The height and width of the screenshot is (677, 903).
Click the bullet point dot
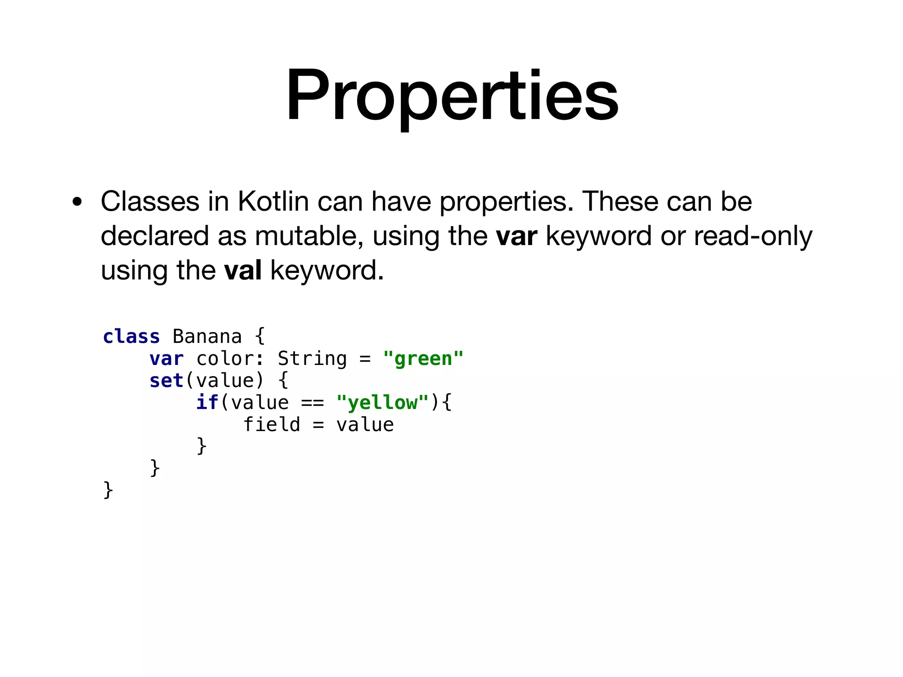(x=78, y=203)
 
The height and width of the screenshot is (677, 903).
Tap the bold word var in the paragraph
(x=516, y=236)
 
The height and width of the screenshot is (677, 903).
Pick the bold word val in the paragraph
(x=243, y=270)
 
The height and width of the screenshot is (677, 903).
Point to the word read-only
(x=753, y=236)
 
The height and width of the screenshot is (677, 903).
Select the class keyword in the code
(x=131, y=337)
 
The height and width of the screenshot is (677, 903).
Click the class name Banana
(x=207, y=337)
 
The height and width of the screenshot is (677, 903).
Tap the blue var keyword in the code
(x=166, y=359)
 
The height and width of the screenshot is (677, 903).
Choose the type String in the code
(x=312, y=359)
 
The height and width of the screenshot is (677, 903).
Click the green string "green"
(x=423, y=359)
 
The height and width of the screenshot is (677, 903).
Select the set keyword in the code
(x=166, y=381)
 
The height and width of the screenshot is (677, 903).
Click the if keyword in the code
(x=207, y=403)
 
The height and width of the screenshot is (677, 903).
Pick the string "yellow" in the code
(x=382, y=403)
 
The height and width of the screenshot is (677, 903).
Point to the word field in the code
(x=272, y=425)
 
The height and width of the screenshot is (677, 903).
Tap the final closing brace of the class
(x=108, y=490)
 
